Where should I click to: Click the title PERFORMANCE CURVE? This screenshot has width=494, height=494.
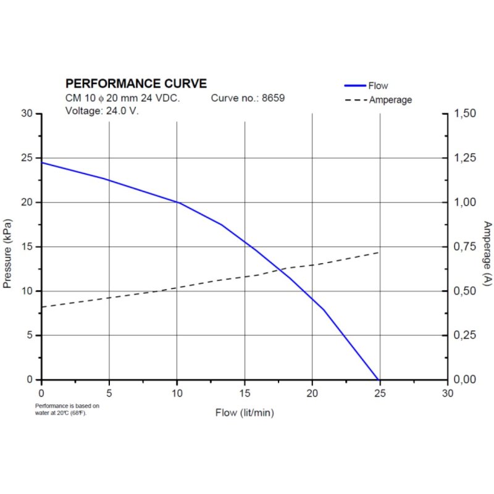136,83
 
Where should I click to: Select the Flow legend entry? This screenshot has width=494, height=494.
377,86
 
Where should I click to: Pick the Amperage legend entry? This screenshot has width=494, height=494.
390,99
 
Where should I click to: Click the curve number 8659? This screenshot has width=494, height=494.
274,98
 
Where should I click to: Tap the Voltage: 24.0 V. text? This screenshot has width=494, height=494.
102,111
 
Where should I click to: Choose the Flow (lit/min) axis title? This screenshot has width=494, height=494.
245,412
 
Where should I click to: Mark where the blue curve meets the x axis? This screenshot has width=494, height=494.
378,379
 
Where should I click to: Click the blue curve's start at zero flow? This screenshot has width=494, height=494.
41,162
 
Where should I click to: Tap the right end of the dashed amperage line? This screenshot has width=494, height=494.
379,252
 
